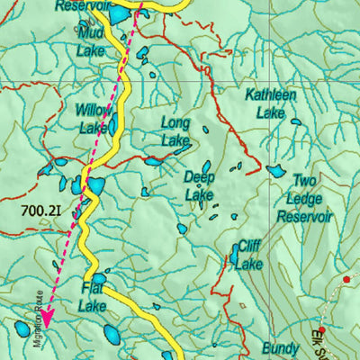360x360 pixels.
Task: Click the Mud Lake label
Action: (x=91, y=42)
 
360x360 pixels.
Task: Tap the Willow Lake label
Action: (x=93, y=119)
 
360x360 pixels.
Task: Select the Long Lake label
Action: (x=175, y=130)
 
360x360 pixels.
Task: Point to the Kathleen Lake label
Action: (x=270, y=103)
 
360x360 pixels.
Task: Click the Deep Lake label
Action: (x=200, y=185)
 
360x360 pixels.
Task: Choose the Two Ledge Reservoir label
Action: (x=304, y=198)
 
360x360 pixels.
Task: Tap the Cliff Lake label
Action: (x=249, y=256)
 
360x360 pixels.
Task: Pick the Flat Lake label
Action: (x=93, y=297)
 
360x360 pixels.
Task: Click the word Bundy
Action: (x=280, y=347)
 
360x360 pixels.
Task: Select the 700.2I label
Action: (x=40, y=212)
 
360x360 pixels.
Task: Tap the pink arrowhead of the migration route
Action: (x=46, y=316)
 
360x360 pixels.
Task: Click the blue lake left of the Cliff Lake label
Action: (x=234, y=256)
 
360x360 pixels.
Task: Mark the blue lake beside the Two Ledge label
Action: (x=275, y=170)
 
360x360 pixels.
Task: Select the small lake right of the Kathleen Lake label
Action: (x=295, y=120)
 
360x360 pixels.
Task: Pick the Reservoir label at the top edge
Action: (x=82, y=5)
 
